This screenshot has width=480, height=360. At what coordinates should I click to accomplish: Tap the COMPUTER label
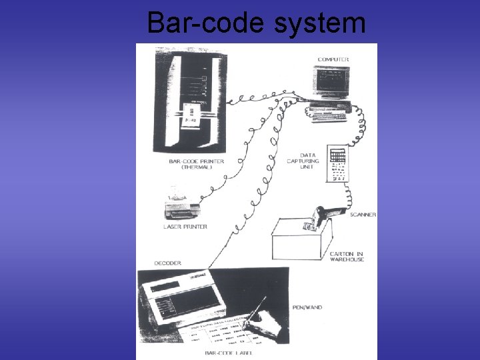click(333, 60)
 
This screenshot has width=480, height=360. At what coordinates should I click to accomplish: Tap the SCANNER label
click(363, 215)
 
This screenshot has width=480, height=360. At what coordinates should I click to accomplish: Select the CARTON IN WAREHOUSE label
click(346, 257)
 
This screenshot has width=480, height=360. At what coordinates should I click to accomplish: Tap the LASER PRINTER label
click(185, 227)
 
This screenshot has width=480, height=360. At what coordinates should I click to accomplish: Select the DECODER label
click(167, 263)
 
